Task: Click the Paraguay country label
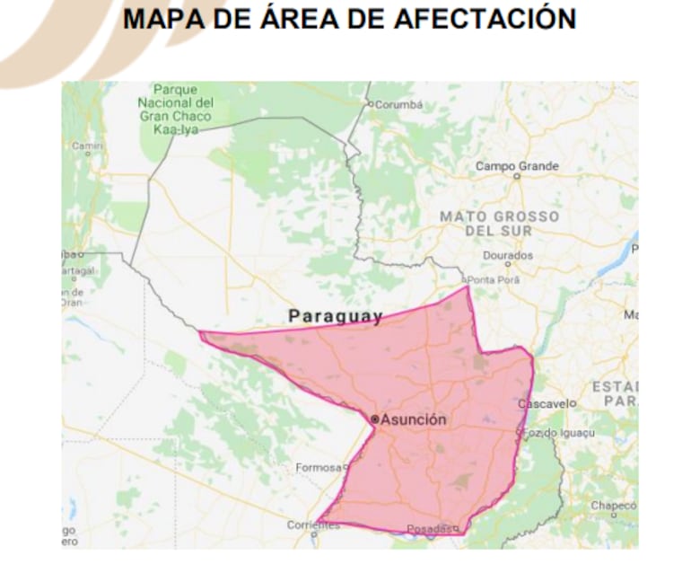[335, 316]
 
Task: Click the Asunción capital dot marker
[375, 419]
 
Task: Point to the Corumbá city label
[398, 104]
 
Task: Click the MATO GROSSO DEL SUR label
[499, 224]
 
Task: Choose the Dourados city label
[507, 255]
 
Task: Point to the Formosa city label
[319, 468]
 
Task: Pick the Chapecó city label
[613, 506]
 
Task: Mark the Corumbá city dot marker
[370, 104]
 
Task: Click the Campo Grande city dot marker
[516, 177]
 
